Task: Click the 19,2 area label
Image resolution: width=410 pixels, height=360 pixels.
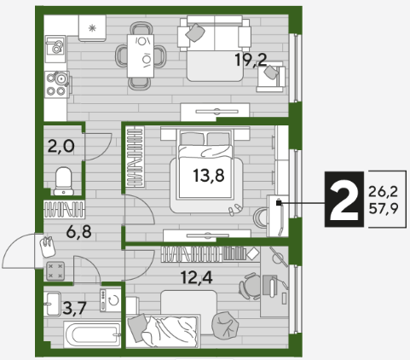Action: [251, 61]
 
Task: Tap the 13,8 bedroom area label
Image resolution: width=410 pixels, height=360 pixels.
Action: [209, 175]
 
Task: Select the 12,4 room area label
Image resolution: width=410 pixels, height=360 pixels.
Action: [197, 277]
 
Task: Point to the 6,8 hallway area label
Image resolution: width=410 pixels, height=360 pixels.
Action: [78, 232]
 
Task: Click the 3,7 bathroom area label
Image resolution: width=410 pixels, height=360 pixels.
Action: [74, 308]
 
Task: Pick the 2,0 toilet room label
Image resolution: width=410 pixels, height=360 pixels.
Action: [61, 147]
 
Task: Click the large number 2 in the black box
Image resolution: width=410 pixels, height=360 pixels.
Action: [344, 200]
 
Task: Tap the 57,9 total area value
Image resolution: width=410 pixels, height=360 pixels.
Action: [384, 209]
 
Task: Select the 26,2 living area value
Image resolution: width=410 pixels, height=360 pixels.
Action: [384, 192]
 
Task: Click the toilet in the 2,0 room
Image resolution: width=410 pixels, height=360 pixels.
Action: [64, 181]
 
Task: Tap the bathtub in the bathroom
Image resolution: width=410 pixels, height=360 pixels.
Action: [92, 334]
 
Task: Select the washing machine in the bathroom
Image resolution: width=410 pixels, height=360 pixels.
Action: [110, 300]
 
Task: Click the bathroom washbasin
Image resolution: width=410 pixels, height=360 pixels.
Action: [52, 304]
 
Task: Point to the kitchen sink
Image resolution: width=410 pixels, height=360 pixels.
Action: [55, 49]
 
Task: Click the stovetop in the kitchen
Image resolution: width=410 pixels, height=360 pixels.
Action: [57, 84]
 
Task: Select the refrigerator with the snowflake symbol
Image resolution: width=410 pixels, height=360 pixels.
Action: [92, 28]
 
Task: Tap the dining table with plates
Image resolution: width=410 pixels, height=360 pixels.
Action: [141, 56]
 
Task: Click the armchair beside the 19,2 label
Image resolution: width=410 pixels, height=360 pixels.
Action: [271, 77]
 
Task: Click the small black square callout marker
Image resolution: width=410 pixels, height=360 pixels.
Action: [279, 203]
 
